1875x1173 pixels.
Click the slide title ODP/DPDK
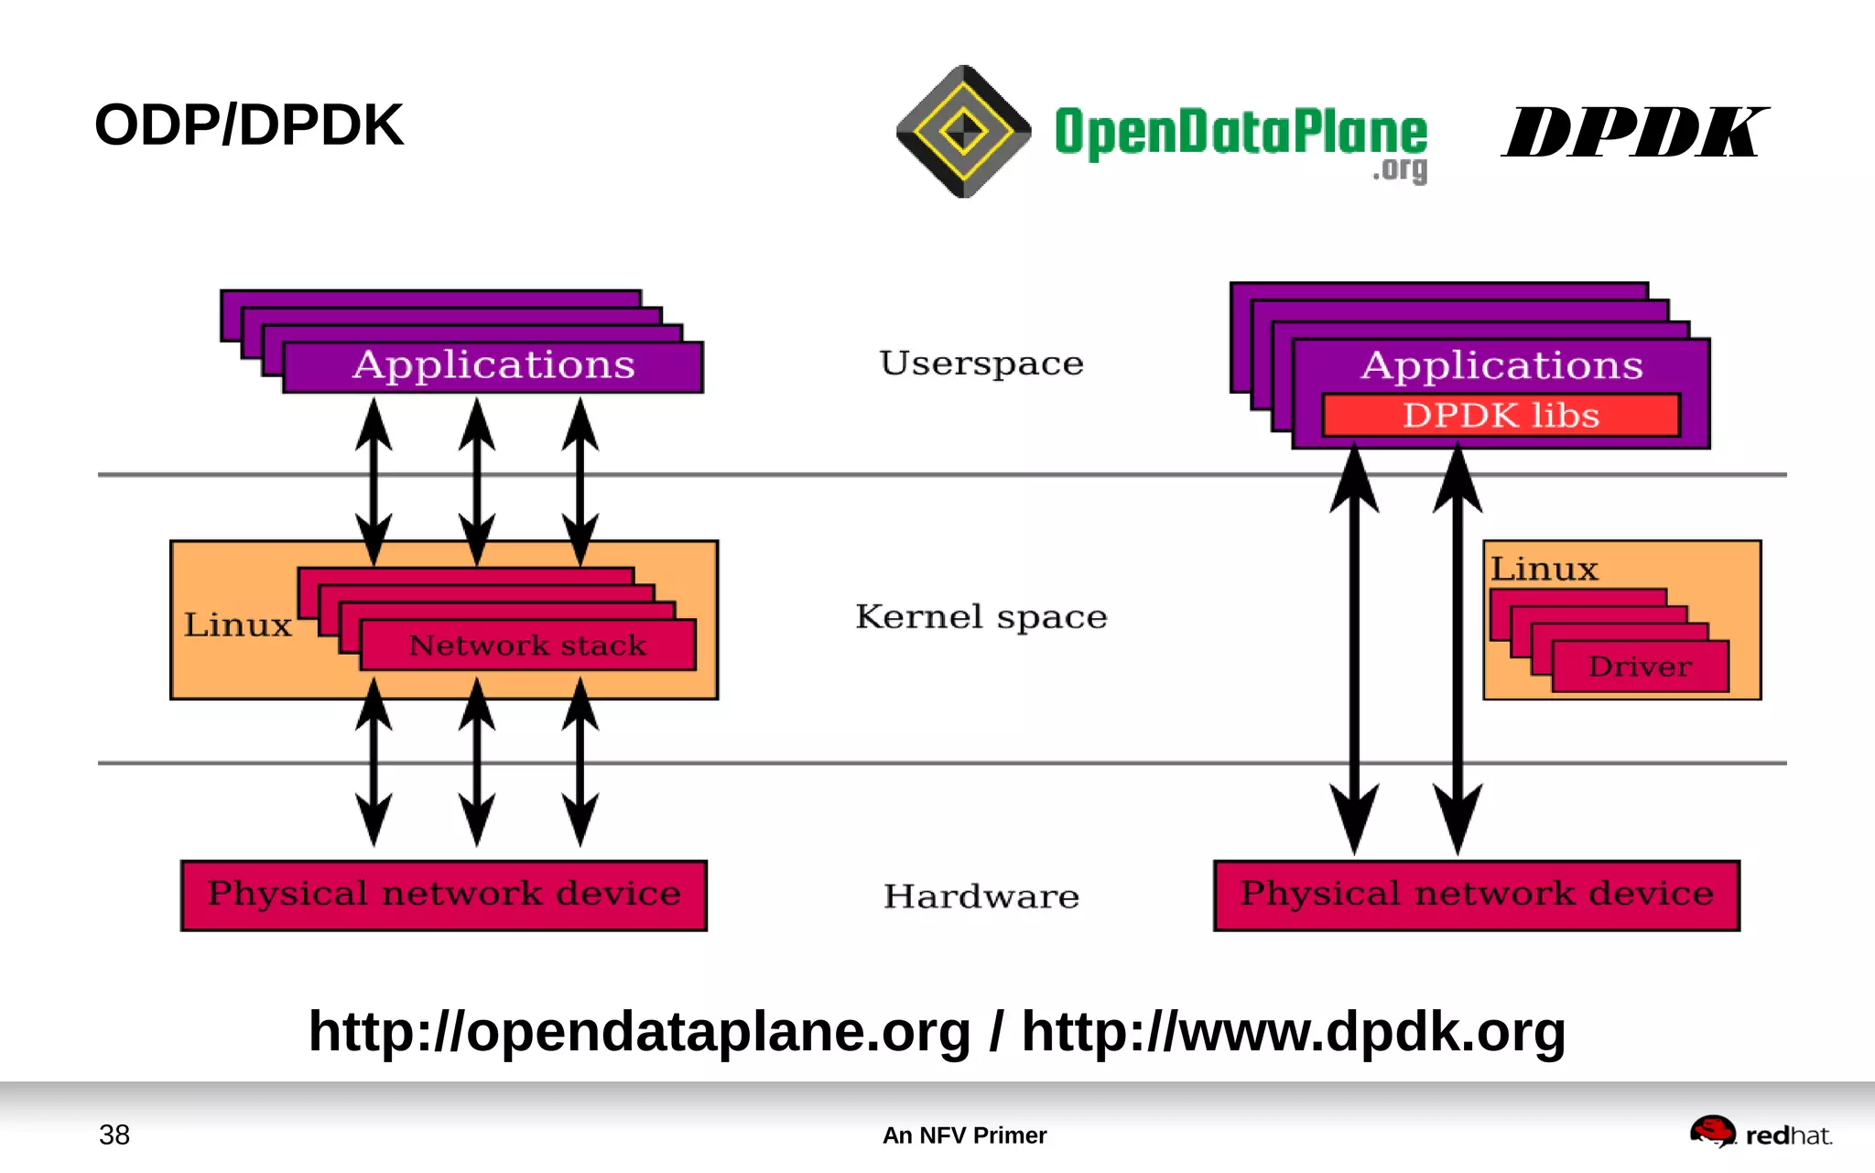coord(248,125)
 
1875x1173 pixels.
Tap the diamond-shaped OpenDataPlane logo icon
coord(963,132)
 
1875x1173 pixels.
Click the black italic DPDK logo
coord(1634,133)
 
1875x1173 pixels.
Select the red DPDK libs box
coord(1501,416)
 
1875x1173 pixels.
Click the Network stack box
coord(527,646)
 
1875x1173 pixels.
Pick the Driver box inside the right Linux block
coord(1640,667)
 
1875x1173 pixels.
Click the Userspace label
coord(981,364)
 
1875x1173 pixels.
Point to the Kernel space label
coord(981,617)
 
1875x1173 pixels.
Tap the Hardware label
coord(981,896)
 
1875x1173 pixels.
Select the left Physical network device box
coord(444,895)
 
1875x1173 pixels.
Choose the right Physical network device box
coord(1476,895)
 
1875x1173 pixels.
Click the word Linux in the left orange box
coord(237,625)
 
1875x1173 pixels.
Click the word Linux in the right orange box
coord(1544,570)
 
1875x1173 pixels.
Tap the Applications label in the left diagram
coord(493,365)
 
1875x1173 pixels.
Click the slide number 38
coord(114,1135)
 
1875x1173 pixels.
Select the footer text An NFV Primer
coord(964,1135)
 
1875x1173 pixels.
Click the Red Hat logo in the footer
coord(1760,1134)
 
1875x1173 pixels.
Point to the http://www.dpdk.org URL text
coord(1293,1032)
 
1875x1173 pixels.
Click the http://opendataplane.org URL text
coord(639,1032)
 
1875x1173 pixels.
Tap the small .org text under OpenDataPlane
coord(1400,170)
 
